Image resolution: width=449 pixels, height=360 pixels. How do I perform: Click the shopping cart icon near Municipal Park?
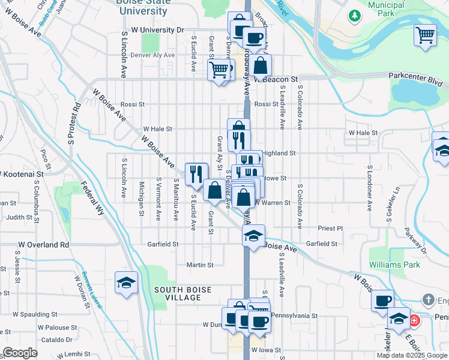(x=425, y=35)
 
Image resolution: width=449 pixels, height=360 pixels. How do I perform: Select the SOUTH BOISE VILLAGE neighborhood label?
(x=182, y=294)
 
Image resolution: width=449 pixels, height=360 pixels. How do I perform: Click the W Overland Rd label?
(x=43, y=245)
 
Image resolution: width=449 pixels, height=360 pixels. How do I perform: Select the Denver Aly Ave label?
(x=152, y=55)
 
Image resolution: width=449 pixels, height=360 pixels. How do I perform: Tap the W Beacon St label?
(x=276, y=79)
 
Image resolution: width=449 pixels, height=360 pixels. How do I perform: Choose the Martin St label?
(x=200, y=265)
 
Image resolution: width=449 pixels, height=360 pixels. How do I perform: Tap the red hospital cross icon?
(x=414, y=321)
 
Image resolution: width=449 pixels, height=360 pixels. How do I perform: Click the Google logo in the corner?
(x=20, y=353)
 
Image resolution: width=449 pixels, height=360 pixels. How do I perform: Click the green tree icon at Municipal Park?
(x=355, y=15)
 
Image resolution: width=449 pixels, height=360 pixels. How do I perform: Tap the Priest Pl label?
(x=330, y=229)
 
